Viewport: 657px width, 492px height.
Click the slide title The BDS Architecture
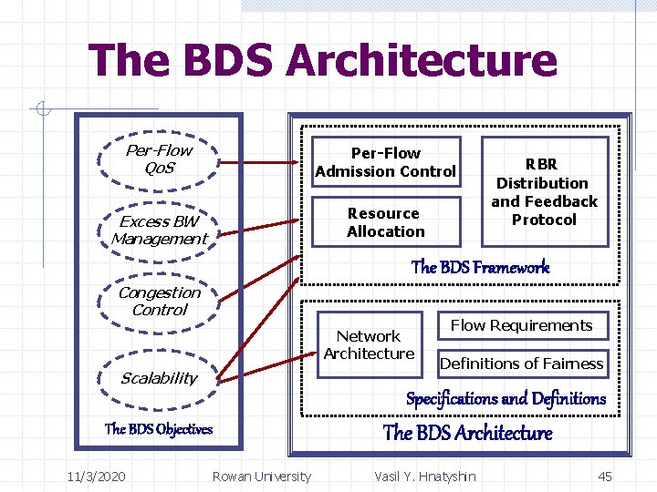[322, 61]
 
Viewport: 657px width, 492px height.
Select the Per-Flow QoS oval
[160, 159]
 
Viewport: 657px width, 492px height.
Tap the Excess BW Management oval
[160, 231]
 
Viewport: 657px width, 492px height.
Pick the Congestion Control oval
[160, 302]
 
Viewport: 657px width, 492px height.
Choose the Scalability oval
[160, 378]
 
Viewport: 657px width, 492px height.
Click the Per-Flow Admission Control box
[385, 162]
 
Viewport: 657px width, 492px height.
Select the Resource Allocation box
[385, 222]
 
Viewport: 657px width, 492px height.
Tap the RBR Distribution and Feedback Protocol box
[544, 192]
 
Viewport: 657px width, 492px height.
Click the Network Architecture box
[369, 345]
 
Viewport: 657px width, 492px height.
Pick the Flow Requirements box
[521, 326]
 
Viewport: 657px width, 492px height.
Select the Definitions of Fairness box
[521, 364]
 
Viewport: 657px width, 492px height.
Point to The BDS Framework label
[480, 267]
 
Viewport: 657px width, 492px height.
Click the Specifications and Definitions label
[506, 398]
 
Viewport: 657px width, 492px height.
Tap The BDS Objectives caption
[159, 429]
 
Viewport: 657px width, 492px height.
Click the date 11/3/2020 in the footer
[97, 477]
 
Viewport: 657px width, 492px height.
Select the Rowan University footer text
[261, 477]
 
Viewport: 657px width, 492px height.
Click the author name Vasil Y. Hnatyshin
[424, 477]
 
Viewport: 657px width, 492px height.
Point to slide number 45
[604, 477]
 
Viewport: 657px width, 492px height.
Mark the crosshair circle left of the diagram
[42, 110]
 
